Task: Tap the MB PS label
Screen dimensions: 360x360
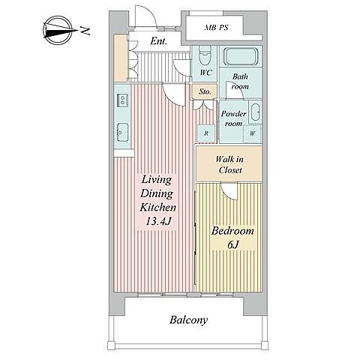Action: (216, 27)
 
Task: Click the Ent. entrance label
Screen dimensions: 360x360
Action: (158, 41)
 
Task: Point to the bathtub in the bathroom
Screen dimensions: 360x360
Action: (241, 56)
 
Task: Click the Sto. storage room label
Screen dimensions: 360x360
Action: (205, 91)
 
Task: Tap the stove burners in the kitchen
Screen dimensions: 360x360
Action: (122, 100)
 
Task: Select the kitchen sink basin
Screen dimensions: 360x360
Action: (122, 132)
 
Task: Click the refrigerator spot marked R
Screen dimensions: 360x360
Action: (206, 133)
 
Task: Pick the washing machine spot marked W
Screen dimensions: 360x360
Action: (253, 133)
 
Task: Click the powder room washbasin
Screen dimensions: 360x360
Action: (256, 112)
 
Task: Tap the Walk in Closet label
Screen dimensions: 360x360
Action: (229, 164)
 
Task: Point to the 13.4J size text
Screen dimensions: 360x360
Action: (158, 221)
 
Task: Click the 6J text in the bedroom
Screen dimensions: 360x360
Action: (233, 244)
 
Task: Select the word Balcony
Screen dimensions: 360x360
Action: (188, 320)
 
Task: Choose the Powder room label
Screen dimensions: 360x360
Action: (233, 118)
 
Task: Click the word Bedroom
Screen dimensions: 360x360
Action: (232, 231)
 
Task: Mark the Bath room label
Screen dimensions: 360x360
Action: (240, 82)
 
